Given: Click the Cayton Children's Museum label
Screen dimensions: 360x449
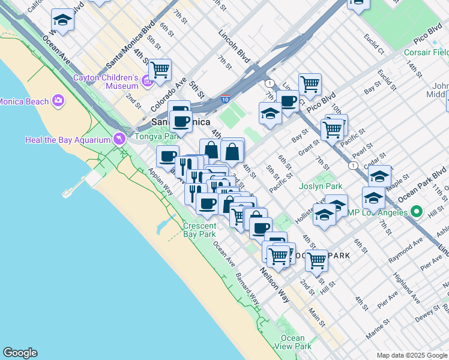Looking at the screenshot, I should [106, 82].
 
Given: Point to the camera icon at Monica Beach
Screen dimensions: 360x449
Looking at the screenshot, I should [59, 101].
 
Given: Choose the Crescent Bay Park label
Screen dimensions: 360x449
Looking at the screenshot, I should [199, 230].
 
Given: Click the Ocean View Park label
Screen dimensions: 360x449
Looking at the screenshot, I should [295, 342].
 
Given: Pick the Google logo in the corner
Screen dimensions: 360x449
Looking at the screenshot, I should [20, 353].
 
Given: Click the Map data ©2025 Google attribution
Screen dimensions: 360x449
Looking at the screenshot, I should [411, 355].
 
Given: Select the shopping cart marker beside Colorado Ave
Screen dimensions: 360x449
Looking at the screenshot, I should [160, 70].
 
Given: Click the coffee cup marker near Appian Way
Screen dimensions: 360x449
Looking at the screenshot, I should [167, 157].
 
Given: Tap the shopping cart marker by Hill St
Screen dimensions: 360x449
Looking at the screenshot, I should [316, 260].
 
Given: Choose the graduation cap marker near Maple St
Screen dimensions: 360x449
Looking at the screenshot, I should [379, 176].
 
